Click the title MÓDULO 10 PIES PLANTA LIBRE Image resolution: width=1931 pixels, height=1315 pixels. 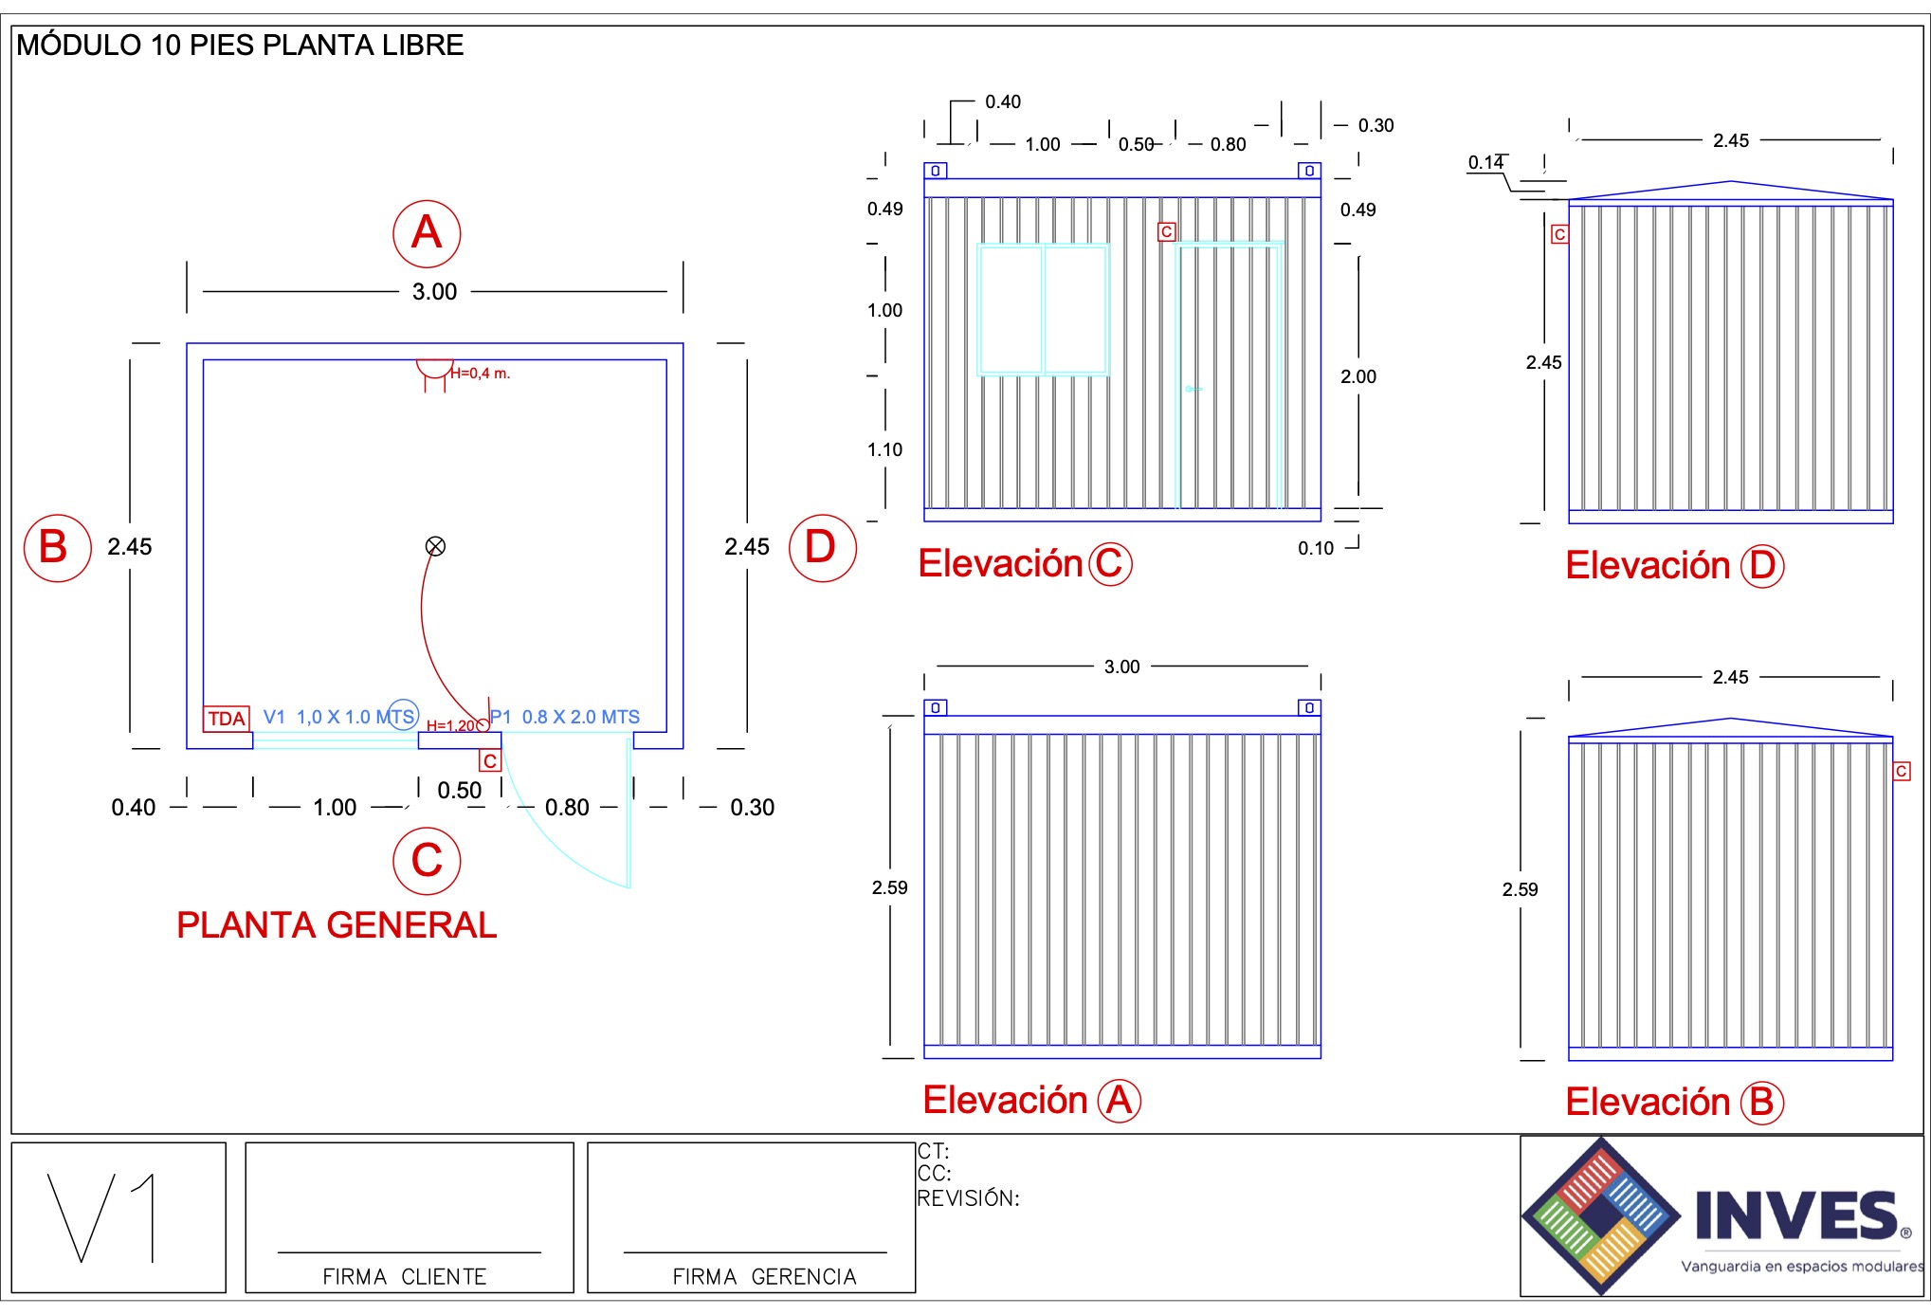click(x=240, y=46)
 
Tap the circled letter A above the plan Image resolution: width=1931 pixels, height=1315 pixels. click(x=427, y=233)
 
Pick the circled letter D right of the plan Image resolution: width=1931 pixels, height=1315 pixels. click(x=822, y=548)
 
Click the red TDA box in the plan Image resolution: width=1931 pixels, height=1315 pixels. click(x=227, y=719)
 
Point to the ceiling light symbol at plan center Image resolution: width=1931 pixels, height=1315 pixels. click(x=435, y=546)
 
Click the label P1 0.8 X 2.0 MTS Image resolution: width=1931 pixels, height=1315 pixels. click(x=565, y=717)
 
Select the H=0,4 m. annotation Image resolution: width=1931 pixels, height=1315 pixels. click(x=480, y=374)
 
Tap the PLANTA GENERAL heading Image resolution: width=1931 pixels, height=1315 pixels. click(x=337, y=925)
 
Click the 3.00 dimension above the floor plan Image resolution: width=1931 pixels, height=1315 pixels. click(x=434, y=292)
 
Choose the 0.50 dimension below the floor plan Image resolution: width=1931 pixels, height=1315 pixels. click(x=459, y=791)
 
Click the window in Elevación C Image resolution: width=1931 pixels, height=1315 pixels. click(x=1043, y=309)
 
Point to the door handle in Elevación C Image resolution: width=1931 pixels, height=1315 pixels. click(x=1192, y=389)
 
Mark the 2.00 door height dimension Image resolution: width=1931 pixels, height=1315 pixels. click(x=1358, y=376)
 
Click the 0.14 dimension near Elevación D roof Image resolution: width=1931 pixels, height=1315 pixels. click(x=1485, y=162)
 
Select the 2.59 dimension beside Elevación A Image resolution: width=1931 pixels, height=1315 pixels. click(x=889, y=887)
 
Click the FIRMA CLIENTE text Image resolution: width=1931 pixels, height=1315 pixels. click(x=405, y=1277)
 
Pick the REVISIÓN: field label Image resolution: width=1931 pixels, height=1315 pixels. click(x=968, y=1198)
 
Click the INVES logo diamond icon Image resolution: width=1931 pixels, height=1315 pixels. click(x=1601, y=1215)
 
